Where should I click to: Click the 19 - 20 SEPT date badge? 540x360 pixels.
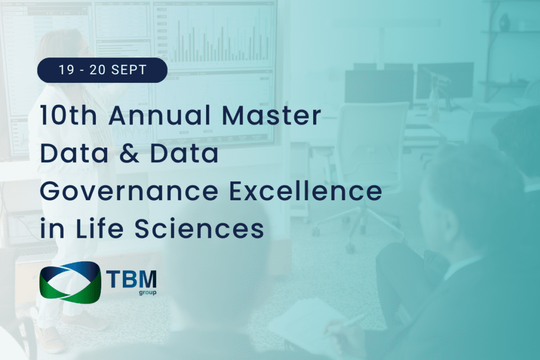pyautogui.click(x=102, y=70)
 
